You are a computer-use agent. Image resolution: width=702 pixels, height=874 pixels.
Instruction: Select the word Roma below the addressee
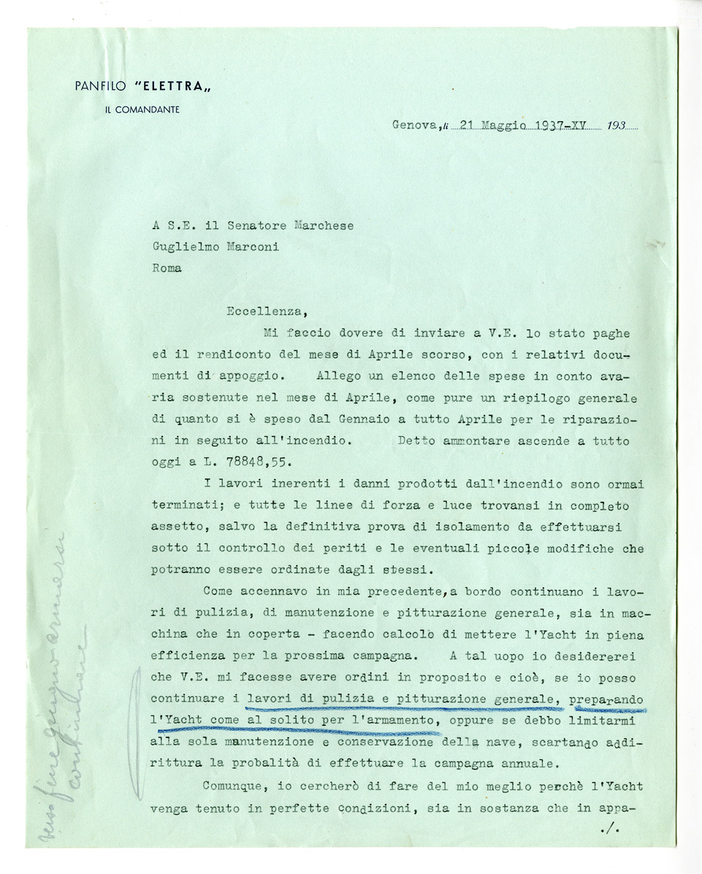tap(167, 267)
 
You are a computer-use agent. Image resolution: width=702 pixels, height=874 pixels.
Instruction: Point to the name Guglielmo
tap(182, 246)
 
